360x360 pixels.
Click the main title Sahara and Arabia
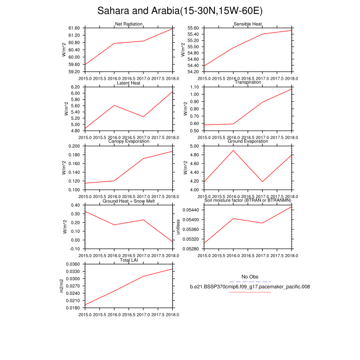point(180,11)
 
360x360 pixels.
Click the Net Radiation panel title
point(129,24)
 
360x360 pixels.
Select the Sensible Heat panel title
point(248,24)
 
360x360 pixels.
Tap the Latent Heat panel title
point(129,83)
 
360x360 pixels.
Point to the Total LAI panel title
point(129,260)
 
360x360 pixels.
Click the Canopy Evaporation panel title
point(129,142)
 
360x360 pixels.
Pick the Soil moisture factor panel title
point(248,201)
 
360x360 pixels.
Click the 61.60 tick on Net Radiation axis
point(74,28)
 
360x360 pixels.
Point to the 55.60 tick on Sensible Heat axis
point(193,28)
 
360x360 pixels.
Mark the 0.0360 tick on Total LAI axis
point(72,264)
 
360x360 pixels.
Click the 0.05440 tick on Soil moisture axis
point(192,210)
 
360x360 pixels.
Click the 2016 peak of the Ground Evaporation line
point(234,150)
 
